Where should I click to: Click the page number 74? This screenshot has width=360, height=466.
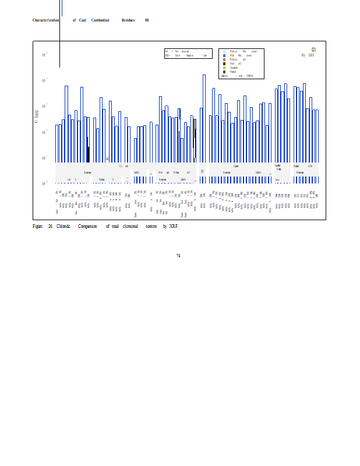pyautogui.click(x=178, y=255)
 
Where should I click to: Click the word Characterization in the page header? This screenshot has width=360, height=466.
pyautogui.click(x=45, y=20)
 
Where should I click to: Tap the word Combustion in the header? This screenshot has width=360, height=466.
pyautogui.click(x=100, y=20)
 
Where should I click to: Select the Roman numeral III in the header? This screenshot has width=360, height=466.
pyautogui.click(x=147, y=20)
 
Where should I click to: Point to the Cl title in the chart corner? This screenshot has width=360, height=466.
pyautogui.click(x=313, y=50)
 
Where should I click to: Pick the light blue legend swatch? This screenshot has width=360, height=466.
pyautogui.click(x=224, y=52)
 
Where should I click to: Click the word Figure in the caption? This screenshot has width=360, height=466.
pyautogui.click(x=38, y=226)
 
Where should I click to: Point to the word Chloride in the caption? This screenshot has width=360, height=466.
pyautogui.click(x=63, y=226)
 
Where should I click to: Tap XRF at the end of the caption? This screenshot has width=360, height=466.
pyautogui.click(x=173, y=226)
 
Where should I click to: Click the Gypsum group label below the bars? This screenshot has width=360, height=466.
pyautogui.click(x=236, y=167)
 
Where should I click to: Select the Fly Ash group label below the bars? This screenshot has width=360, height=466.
pyautogui.click(x=123, y=167)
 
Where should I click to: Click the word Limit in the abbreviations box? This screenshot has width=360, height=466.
pyautogui.click(x=204, y=55)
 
